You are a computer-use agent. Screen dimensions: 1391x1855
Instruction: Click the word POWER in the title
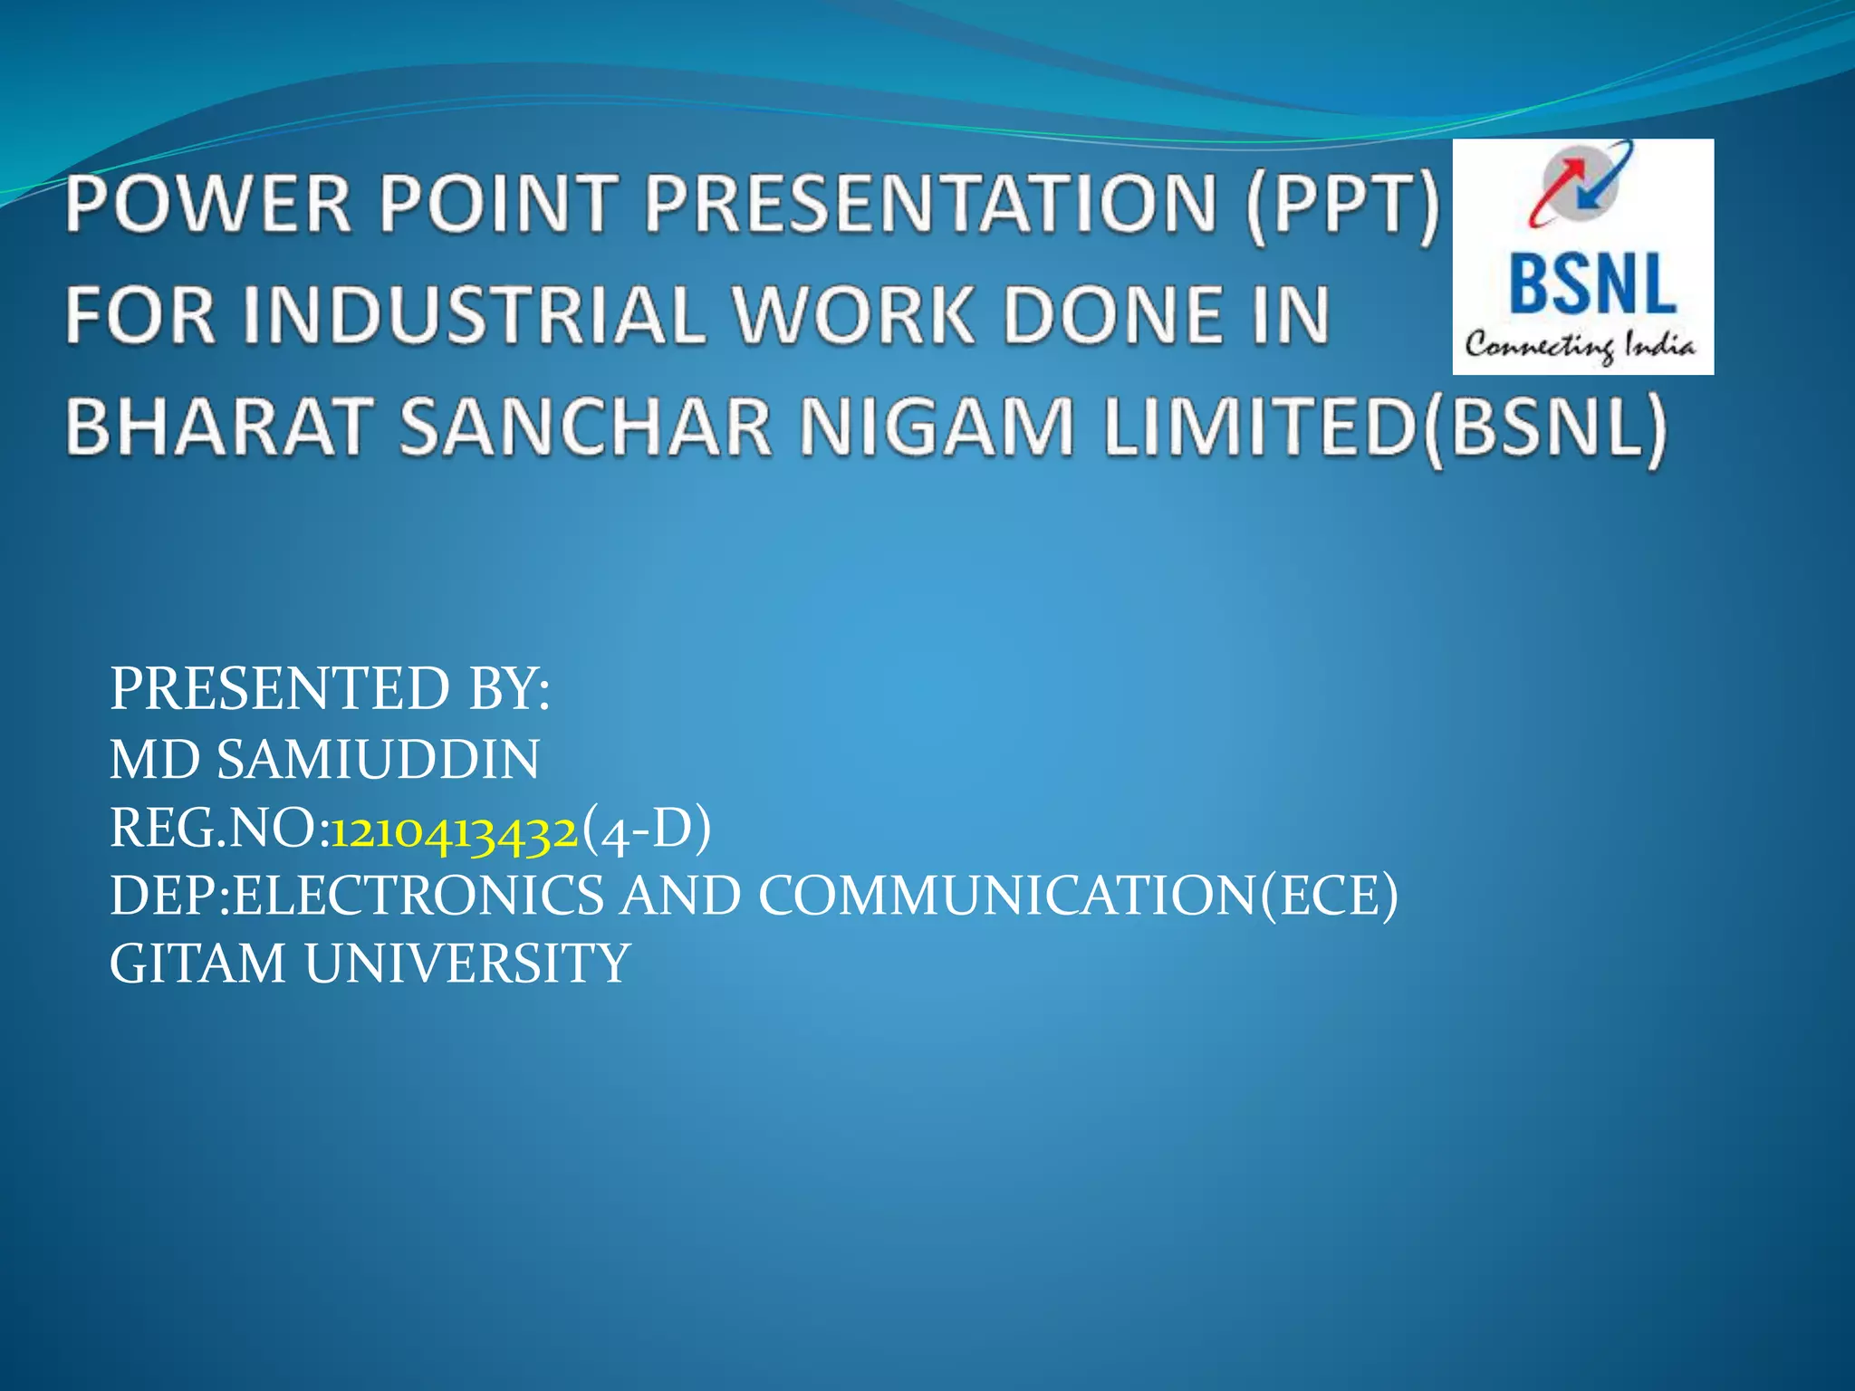(x=207, y=203)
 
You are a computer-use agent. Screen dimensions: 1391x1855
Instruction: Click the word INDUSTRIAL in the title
(x=472, y=315)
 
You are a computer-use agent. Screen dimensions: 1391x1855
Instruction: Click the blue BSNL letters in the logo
(x=1592, y=284)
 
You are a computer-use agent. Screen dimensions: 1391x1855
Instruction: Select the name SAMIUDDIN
(x=378, y=759)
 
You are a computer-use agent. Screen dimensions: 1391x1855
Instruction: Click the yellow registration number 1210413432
(x=454, y=830)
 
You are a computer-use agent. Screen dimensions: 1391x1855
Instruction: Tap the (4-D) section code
(x=646, y=828)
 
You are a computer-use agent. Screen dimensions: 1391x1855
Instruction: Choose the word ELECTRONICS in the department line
(x=418, y=897)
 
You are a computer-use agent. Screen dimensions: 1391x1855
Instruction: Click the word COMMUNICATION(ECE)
(x=1078, y=897)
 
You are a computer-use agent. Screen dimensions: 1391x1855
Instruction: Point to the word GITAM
(x=197, y=964)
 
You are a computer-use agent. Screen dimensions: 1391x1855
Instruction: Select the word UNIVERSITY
(x=467, y=964)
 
